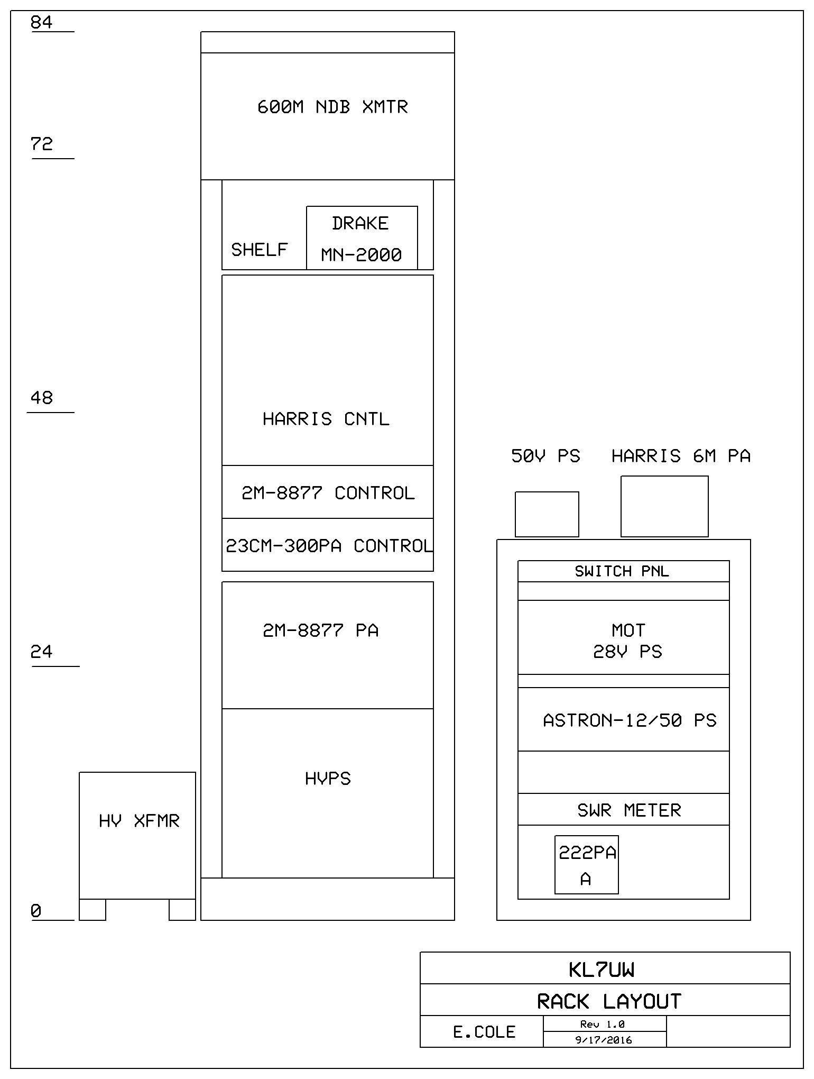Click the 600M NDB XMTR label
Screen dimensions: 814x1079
(x=332, y=107)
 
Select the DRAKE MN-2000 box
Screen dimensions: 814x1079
(x=362, y=238)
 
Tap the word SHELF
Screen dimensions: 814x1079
(x=259, y=250)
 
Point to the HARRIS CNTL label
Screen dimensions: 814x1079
(x=326, y=419)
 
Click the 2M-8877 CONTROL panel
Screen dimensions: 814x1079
(x=328, y=492)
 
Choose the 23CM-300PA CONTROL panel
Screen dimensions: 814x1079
(x=328, y=545)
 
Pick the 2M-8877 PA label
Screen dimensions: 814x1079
(x=321, y=630)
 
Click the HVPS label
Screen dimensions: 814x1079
(x=328, y=779)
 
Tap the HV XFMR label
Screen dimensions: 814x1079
(x=140, y=821)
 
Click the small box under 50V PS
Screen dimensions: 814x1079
(x=547, y=514)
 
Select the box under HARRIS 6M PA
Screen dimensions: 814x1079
(x=664, y=506)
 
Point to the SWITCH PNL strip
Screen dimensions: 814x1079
(x=624, y=571)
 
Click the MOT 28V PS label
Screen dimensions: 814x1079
(x=628, y=641)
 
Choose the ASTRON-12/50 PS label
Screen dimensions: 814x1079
(x=630, y=720)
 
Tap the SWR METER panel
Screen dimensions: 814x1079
(x=624, y=809)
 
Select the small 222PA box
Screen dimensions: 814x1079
(x=587, y=865)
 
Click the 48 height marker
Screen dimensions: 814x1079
(x=42, y=398)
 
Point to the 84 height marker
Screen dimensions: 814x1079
(x=42, y=22)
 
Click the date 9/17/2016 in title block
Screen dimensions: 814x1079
(x=604, y=1040)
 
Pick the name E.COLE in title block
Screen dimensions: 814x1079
(x=484, y=1032)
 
